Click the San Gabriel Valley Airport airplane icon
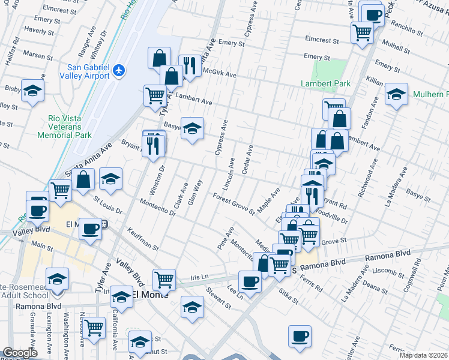119,71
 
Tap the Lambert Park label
322,83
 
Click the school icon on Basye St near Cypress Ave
192,128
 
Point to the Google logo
20,353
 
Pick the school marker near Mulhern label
396,94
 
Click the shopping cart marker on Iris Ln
164,279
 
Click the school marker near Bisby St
33,91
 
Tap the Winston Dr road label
160,178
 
